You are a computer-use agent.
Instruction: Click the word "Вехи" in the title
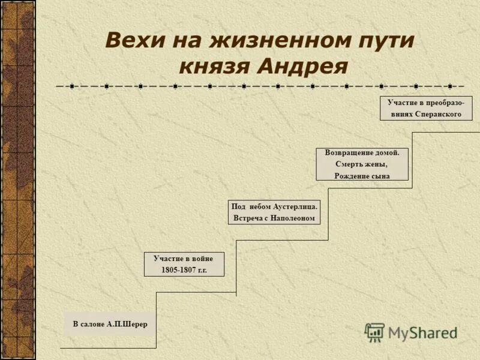[x=133, y=40]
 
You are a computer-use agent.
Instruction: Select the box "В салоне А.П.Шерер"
[x=110, y=324]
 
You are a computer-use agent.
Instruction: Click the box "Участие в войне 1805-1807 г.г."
[x=184, y=264]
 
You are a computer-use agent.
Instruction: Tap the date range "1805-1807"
[x=178, y=270]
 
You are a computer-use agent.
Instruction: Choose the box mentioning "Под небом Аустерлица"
[x=274, y=212]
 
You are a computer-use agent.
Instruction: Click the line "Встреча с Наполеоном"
[x=274, y=218]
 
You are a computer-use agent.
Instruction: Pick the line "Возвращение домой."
[x=362, y=153]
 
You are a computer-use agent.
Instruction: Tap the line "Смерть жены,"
[x=362, y=164]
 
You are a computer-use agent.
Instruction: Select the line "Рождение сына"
[x=362, y=176]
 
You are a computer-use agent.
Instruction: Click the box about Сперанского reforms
[x=425, y=108]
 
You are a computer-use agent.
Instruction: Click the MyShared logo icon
[x=374, y=332]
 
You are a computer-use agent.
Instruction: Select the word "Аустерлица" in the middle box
[x=295, y=206]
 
